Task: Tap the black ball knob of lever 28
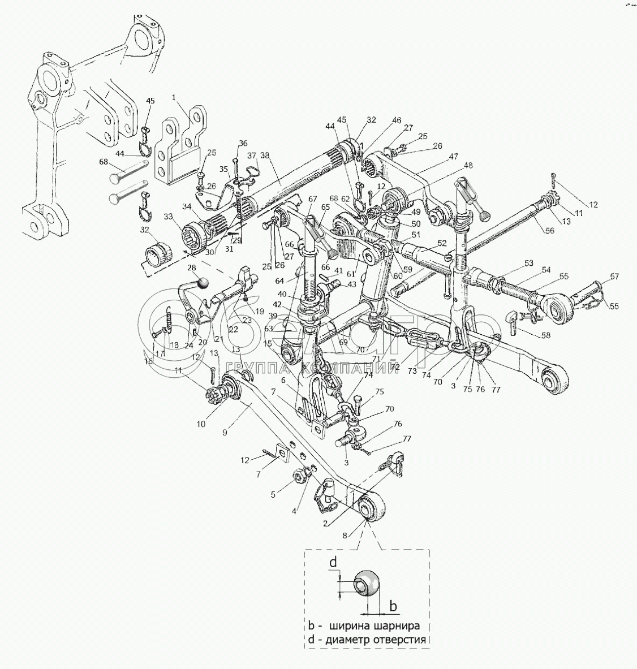coord(202,282)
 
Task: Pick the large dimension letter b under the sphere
coord(393,606)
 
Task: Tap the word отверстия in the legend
coord(398,640)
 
